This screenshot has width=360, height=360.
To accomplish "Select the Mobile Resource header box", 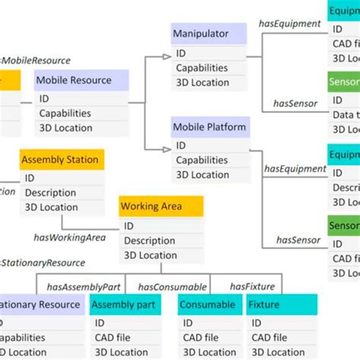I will tap(81, 80).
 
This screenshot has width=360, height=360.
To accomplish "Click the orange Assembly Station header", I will tap(60, 160).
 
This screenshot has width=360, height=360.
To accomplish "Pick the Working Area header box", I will tap(161, 207).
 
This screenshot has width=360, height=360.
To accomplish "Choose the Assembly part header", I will tap(125, 305).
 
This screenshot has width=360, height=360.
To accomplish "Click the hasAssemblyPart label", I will tap(84, 286).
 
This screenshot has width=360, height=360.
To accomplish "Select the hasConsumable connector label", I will tap(172, 286).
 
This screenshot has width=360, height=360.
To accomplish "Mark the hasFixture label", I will tap(252, 286).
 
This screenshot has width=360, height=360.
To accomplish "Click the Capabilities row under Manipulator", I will tap(201, 68).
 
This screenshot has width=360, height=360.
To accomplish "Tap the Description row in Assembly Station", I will tap(50, 192).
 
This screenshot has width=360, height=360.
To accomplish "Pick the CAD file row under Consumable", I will tap(201, 337).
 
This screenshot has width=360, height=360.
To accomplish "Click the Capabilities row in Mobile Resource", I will tap(65, 113).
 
